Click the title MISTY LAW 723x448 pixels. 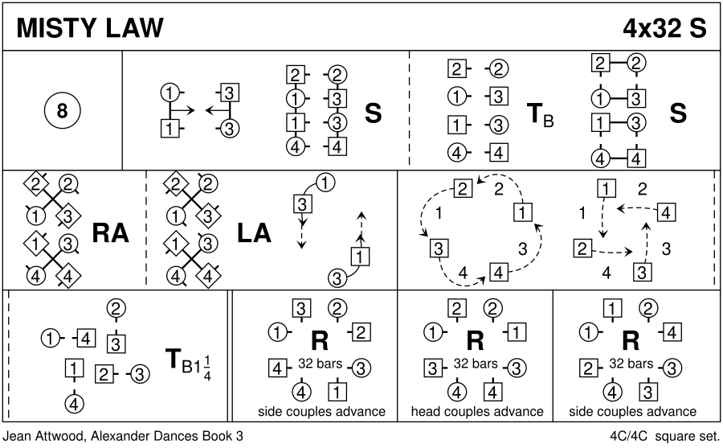[x=88, y=27]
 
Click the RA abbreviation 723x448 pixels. [x=111, y=232]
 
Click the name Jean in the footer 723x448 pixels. [x=18, y=436]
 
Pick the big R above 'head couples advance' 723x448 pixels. [x=475, y=342]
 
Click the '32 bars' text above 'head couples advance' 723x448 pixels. [x=476, y=364]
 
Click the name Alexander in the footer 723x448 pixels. [x=121, y=436]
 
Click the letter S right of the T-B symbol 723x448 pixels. [x=678, y=113]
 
